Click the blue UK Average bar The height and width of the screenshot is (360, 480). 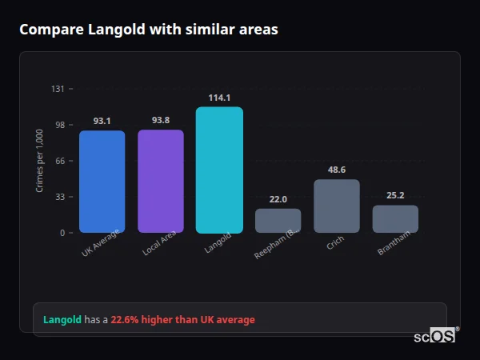click(102, 182)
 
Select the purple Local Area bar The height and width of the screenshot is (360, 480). click(161, 182)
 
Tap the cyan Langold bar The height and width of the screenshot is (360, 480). click(219, 170)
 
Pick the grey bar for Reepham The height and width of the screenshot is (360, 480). click(278, 221)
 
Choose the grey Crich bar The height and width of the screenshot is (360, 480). click(337, 206)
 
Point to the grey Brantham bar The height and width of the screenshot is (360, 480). click(395, 219)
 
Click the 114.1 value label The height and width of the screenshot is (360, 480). click(219, 98)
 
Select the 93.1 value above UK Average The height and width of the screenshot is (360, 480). click(102, 122)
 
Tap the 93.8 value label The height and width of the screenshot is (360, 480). click(161, 121)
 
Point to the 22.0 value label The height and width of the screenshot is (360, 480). click(278, 199)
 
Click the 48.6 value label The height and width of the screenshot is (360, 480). click(337, 170)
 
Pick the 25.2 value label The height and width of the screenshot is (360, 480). click(395, 195)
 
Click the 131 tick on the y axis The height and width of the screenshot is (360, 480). click(58, 89)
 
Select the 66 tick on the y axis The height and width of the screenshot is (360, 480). click(60, 161)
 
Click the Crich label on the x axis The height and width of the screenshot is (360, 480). click(335, 243)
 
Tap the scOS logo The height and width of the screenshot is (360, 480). click(435, 336)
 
